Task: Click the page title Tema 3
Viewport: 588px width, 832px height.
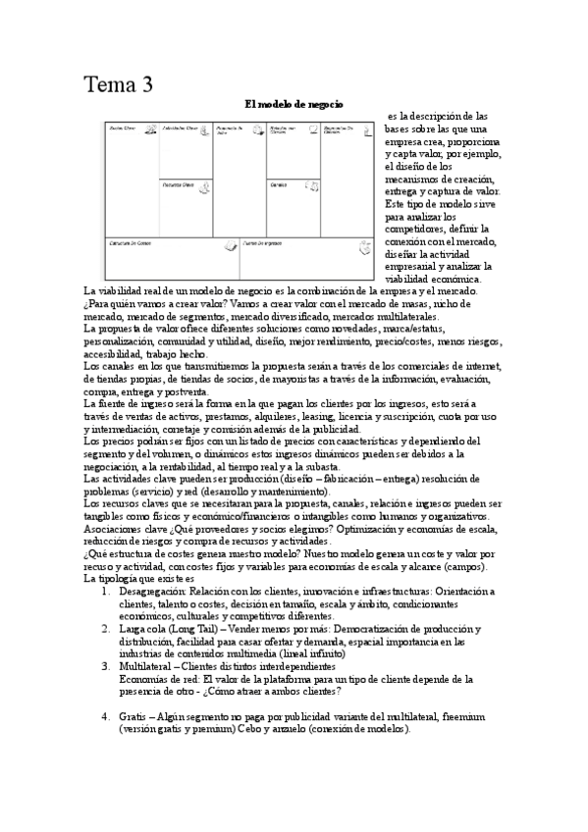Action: click(118, 84)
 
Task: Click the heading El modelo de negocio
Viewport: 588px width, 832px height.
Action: click(294, 104)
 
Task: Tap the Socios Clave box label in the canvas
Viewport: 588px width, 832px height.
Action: click(122, 129)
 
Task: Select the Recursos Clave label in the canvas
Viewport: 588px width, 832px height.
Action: click(178, 183)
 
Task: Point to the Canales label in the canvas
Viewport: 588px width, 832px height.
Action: click(278, 183)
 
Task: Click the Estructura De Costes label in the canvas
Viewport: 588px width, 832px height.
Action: click(132, 241)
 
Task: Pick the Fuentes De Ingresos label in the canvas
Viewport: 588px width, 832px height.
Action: click(264, 241)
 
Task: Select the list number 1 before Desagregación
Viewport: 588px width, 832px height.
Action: click(106, 591)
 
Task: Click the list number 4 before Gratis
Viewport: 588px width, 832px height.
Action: click(106, 717)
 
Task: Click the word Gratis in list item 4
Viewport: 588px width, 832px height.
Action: click(133, 717)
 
